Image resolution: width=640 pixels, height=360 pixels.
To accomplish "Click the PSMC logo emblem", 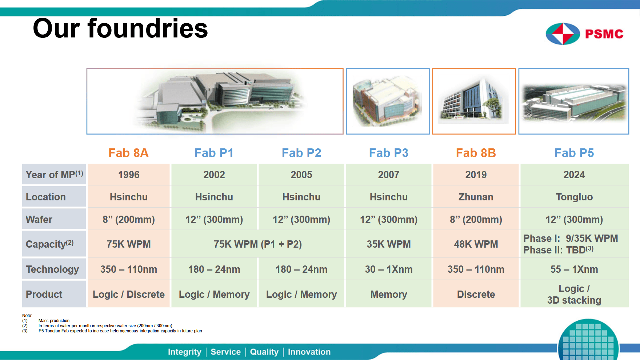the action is pyautogui.click(x=563, y=34).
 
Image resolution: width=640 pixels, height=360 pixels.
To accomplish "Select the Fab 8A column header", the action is pyautogui.click(x=128, y=153).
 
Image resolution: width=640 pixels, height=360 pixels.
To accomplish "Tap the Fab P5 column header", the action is pyautogui.click(x=574, y=153).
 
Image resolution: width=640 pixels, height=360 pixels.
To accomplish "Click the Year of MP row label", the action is pyautogui.click(x=54, y=175).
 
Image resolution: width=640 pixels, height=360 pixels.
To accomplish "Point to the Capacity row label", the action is pyautogui.click(x=54, y=244).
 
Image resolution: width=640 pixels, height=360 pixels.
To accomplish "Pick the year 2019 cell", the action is pyautogui.click(x=476, y=175).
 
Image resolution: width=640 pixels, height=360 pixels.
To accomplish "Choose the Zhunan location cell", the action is pyautogui.click(x=476, y=197).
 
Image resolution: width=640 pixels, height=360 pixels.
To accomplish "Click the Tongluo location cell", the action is pyautogui.click(x=574, y=197).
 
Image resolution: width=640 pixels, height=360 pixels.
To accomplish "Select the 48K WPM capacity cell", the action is pyautogui.click(x=476, y=244).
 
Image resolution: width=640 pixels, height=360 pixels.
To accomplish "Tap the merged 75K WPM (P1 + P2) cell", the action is pyautogui.click(x=258, y=244).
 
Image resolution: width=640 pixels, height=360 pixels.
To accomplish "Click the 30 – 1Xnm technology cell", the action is pyautogui.click(x=389, y=269).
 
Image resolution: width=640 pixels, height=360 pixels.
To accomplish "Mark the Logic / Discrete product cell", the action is pyautogui.click(x=128, y=294).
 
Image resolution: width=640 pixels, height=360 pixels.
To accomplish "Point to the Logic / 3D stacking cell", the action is pyautogui.click(x=574, y=294).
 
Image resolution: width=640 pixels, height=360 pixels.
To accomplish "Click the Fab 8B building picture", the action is pyautogui.click(x=474, y=101).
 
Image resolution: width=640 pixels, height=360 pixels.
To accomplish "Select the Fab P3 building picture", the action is pyautogui.click(x=388, y=101).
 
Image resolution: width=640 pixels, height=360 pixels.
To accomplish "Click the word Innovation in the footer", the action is pyautogui.click(x=309, y=352).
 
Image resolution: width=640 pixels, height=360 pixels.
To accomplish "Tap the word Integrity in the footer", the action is pyautogui.click(x=184, y=352).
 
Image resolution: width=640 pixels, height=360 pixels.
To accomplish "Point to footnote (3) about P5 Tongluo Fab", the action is pyautogui.click(x=112, y=331).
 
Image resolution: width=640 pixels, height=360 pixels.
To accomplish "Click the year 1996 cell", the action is pyautogui.click(x=128, y=175).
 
